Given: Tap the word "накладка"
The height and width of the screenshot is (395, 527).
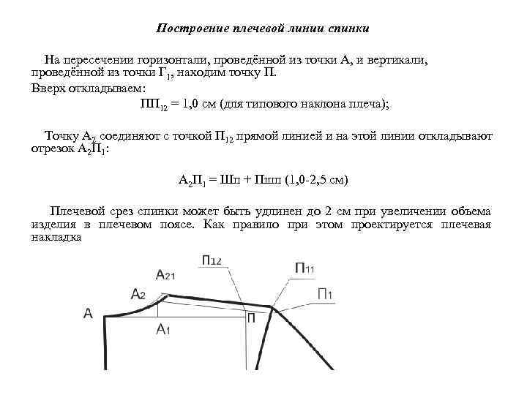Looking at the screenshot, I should (x=55, y=237).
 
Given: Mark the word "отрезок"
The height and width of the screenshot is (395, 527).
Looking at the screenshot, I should (x=53, y=148).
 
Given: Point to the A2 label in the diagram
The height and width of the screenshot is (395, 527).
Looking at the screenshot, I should (x=138, y=293).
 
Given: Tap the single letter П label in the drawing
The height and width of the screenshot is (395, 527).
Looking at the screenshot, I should (x=251, y=317).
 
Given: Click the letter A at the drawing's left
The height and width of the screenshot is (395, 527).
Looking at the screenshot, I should (x=88, y=313).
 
